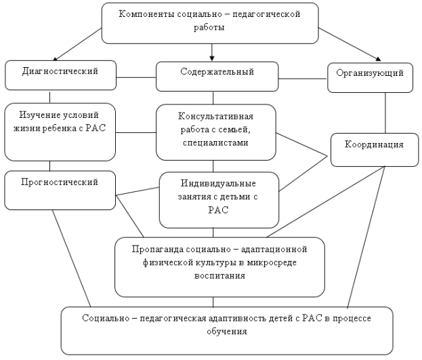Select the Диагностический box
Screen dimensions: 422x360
coord(60,75)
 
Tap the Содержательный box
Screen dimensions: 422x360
coord(217,77)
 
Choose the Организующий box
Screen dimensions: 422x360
coord(370,78)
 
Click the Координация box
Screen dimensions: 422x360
coord(375,150)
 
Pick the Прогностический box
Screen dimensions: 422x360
coord(60,191)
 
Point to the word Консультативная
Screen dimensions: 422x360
coord(215,117)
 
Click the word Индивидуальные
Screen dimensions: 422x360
coord(218,184)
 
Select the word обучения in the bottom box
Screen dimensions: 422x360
coord(227,331)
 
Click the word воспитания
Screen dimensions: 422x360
coord(219,276)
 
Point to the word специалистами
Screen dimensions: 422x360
coord(215,142)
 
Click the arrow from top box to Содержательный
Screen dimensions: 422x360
coord(212,52)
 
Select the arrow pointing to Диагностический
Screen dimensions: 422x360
coord(77,45)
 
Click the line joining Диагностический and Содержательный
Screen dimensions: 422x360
coord(136,77)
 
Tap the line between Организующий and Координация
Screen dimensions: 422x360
coord(385,113)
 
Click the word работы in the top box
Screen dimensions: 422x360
coord(209,28)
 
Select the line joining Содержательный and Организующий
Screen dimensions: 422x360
coord(303,79)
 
